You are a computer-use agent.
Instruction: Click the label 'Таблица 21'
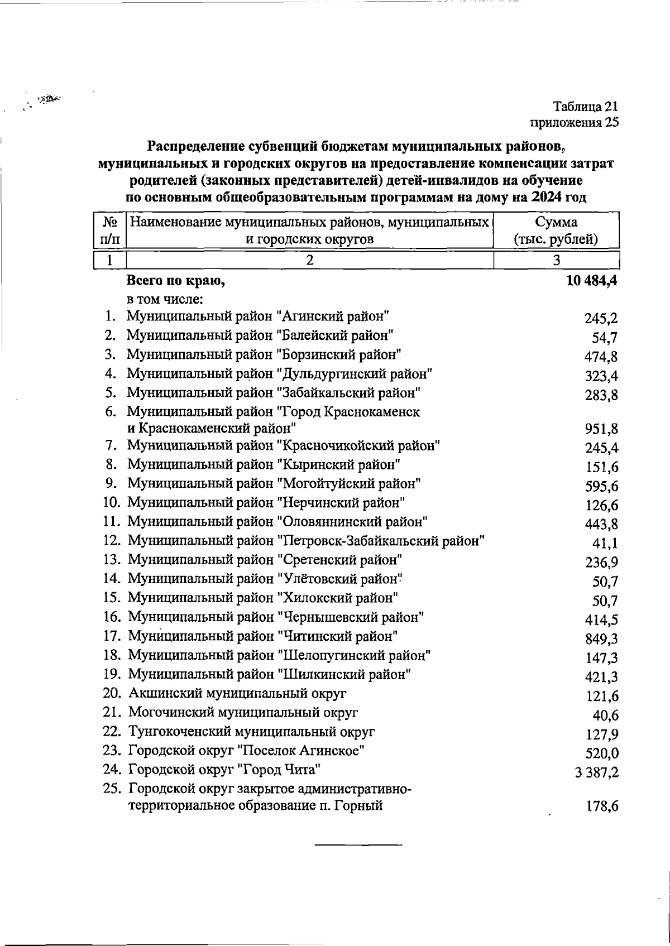click(x=586, y=106)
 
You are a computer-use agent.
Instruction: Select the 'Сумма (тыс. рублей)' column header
click(x=556, y=231)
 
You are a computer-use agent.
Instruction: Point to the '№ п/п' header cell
click(x=109, y=231)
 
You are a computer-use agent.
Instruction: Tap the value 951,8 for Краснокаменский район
click(x=601, y=430)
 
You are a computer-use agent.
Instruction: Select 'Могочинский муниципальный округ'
click(x=243, y=712)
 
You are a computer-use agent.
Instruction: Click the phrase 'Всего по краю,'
click(x=176, y=281)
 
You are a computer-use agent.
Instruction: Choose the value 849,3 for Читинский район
click(x=601, y=639)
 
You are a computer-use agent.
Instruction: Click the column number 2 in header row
click(x=310, y=260)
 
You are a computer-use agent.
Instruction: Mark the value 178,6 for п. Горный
click(x=601, y=806)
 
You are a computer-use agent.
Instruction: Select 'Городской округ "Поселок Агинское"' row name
click(x=247, y=750)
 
